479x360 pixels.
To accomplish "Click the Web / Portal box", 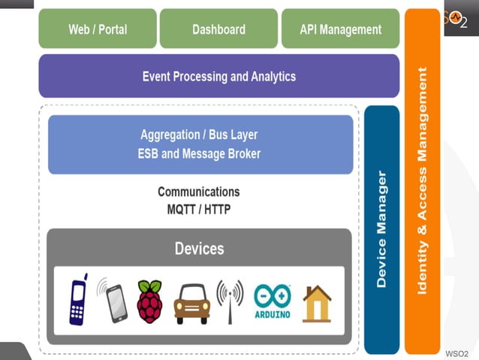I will point(98,29).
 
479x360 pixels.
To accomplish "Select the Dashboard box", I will point(218,29).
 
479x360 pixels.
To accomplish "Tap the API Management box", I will point(340,29).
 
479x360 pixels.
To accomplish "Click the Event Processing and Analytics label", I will point(219,76).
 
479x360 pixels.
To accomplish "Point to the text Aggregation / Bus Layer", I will point(199,135).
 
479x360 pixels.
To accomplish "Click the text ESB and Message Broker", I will point(199,154).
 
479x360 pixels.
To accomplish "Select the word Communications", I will point(199,192).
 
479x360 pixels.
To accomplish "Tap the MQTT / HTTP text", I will point(199,209).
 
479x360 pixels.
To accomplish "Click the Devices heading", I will point(199,248).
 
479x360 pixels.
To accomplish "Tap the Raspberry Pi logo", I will point(149,301).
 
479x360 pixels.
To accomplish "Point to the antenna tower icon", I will point(230,301).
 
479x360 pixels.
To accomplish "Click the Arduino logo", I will point(272,301).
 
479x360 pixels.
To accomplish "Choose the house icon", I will point(317,304).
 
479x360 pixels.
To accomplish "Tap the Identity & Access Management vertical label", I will point(422,180).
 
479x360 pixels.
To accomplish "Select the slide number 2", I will point(463,23).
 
